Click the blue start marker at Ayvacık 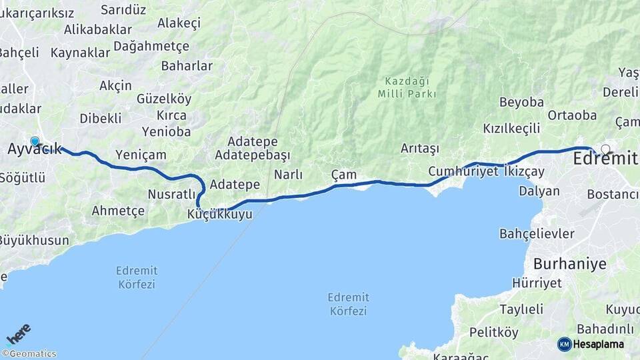[x=35, y=141]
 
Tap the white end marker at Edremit [x=605, y=149]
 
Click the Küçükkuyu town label [x=220, y=215]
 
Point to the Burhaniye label [x=569, y=263]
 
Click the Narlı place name [x=288, y=175]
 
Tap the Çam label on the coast [x=344, y=175]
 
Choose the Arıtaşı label [x=420, y=148]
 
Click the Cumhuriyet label [x=463, y=171]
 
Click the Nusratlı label [x=170, y=194]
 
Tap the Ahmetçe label [x=118, y=211]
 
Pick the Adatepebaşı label [x=253, y=155]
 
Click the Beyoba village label [x=521, y=103]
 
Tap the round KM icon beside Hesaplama [x=564, y=344]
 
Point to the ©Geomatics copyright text [x=29, y=354]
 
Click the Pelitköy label [x=493, y=332]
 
